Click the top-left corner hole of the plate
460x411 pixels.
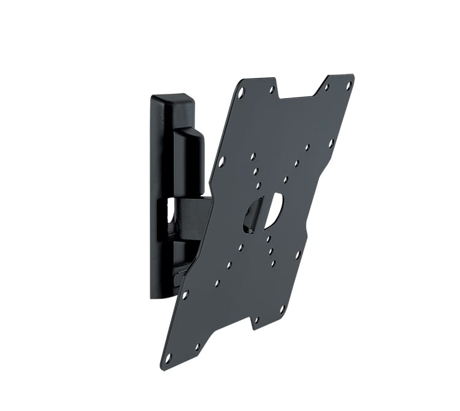tap(240, 93)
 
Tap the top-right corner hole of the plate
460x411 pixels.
tap(348, 86)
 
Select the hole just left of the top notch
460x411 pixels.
tap(272, 90)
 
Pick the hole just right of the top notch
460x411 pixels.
tap(326, 88)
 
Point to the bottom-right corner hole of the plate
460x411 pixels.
tap(282, 309)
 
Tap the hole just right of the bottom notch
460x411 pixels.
tap(256, 320)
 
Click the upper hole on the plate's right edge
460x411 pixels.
tap(331, 143)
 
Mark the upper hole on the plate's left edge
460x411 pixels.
tap(221, 162)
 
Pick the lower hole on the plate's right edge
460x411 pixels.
tap(297, 254)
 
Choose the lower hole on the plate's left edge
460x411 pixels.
tap(185, 294)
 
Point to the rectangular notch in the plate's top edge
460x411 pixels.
tap(298, 91)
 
